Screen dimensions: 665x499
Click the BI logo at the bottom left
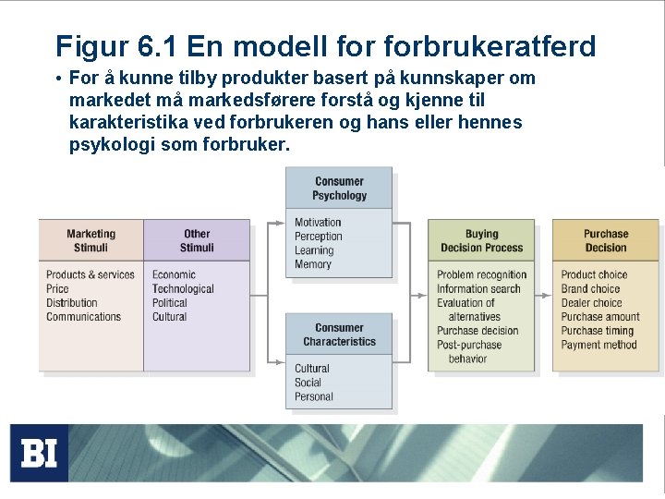coord(39,453)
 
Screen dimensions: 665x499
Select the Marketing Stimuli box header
coord(91,240)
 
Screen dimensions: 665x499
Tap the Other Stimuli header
coord(197,240)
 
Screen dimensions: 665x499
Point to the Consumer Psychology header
coord(339,189)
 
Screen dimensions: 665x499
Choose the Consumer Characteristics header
coord(339,335)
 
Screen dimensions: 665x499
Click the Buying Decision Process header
coord(481,240)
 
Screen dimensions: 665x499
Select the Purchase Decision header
coord(606,240)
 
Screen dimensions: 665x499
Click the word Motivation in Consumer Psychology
coord(318,223)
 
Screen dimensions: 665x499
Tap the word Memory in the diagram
coord(313,264)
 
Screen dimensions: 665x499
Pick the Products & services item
coord(91,274)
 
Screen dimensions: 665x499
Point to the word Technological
coord(183,289)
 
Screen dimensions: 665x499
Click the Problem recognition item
coord(482,274)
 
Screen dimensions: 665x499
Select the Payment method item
coord(598,345)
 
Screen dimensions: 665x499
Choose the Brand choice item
coord(591,289)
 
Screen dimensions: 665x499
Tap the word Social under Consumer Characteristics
coord(308,383)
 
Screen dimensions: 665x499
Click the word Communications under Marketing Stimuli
coord(84,317)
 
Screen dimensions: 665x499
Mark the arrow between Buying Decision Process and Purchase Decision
coord(543,296)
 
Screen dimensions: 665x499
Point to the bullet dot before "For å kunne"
coord(58,79)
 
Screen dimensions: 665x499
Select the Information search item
coord(479,289)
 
